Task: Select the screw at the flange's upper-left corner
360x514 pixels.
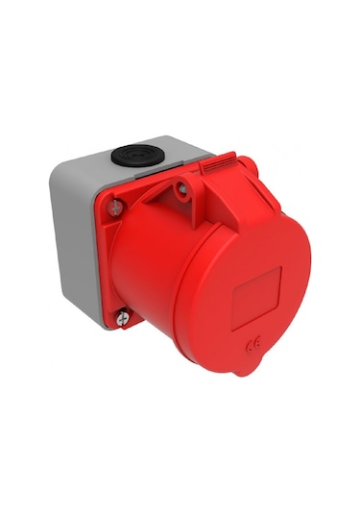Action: click(x=115, y=204)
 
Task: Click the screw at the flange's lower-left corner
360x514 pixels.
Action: click(x=123, y=313)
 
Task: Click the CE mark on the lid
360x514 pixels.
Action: click(x=254, y=341)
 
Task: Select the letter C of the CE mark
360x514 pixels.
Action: click(x=250, y=341)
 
